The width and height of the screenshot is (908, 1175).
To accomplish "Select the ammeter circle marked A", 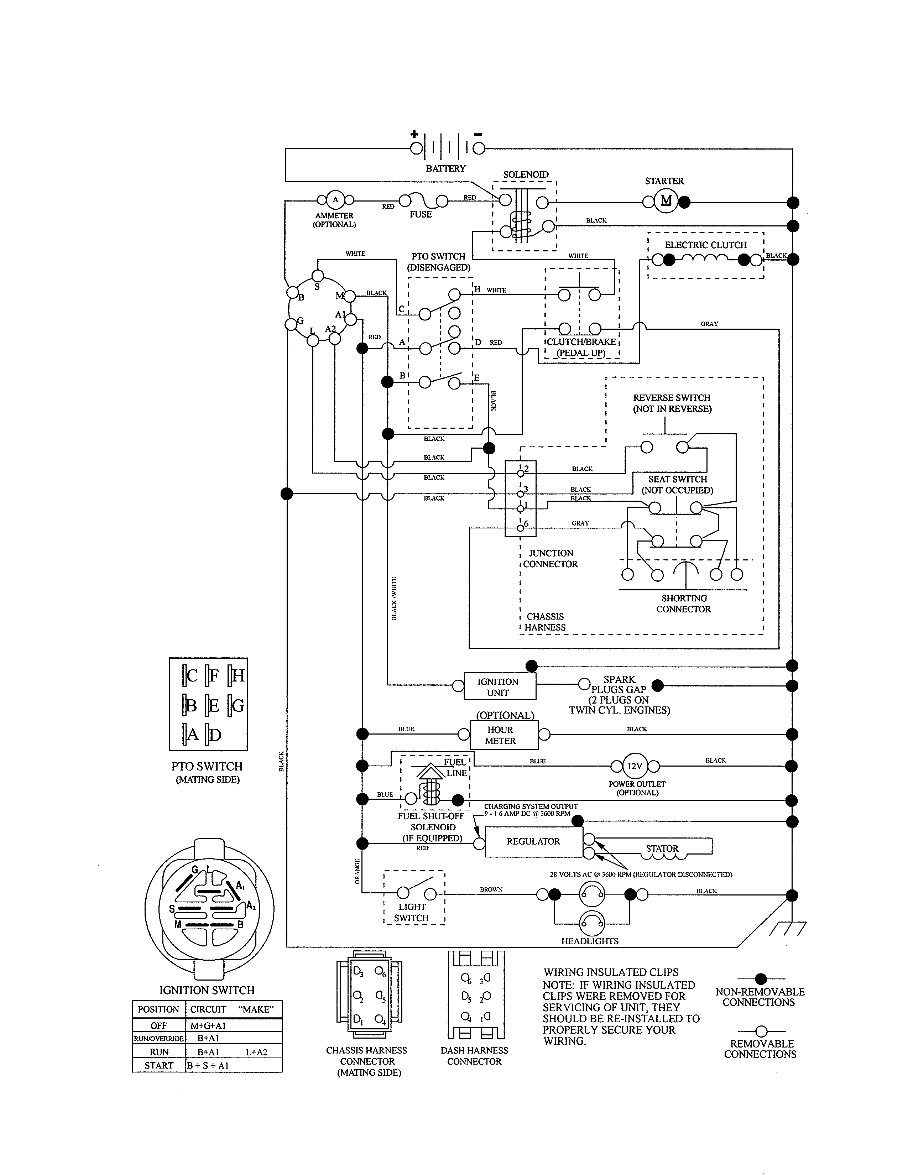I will (x=335, y=200).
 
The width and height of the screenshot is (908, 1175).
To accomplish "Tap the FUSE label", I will (x=420, y=214).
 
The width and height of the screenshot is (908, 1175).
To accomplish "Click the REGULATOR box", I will (x=533, y=841).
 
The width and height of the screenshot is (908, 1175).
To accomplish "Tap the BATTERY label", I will (x=445, y=168).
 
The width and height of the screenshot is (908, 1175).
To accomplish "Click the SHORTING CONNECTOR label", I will (x=683, y=604).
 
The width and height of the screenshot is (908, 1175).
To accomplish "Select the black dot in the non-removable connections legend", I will (x=761, y=978).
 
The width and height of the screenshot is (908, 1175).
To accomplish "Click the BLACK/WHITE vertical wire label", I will (x=394, y=598).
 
